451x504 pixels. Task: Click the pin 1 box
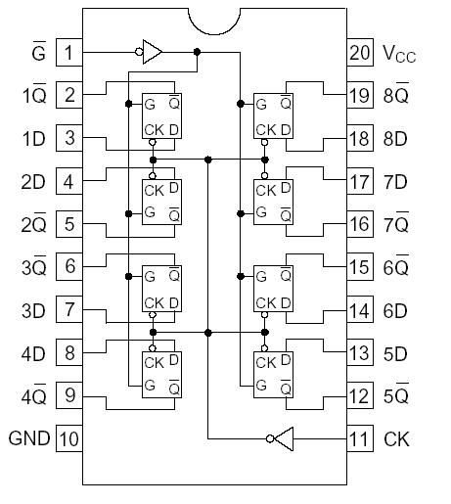[x=69, y=52]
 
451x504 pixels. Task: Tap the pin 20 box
[x=360, y=52]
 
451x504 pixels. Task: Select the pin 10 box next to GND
[x=69, y=437]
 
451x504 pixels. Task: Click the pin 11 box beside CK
[x=360, y=437]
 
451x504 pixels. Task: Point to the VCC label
[x=399, y=54]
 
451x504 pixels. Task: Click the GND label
[x=28, y=437]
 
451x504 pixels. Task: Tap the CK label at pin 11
[x=396, y=437]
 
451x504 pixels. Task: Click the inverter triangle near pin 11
[x=281, y=437]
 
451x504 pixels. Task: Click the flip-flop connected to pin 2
[x=161, y=116]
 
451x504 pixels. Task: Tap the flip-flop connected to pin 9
[x=161, y=373]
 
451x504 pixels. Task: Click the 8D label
[x=395, y=138]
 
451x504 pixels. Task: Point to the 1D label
[x=34, y=138]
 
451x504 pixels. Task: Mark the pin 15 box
[x=360, y=266]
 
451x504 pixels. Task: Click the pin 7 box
[x=69, y=309]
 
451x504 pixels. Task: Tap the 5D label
[x=395, y=352]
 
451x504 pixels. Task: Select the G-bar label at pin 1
[x=38, y=51]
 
